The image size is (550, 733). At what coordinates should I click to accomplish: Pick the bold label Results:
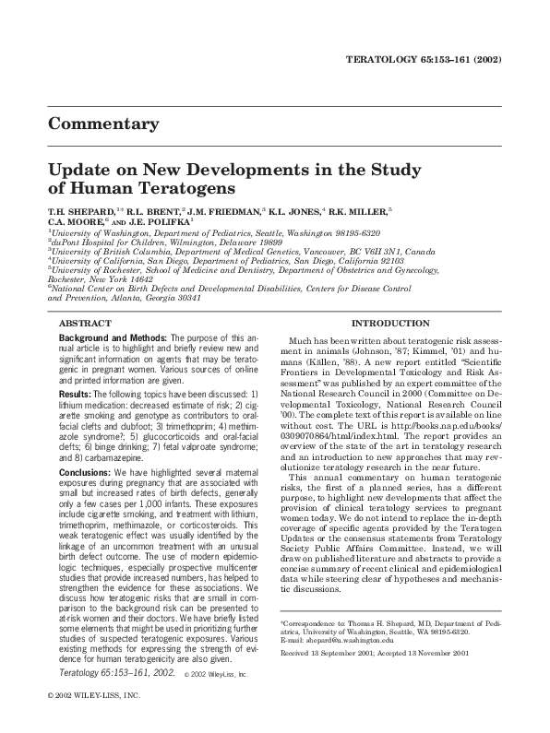point(74,395)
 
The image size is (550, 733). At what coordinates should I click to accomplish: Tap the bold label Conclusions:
point(83,472)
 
